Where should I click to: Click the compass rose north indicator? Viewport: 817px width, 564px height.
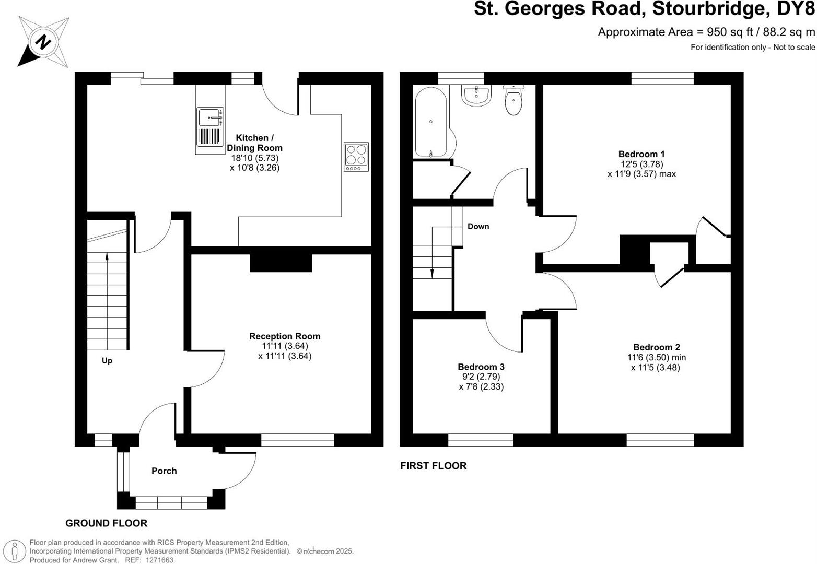click(x=44, y=41)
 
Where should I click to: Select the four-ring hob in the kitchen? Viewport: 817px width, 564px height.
click(x=356, y=156)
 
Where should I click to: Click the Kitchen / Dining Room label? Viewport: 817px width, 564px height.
click(x=254, y=143)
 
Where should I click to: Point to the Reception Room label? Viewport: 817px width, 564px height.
click(x=285, y=336)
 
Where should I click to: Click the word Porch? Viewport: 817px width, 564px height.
click(x=164, y=471)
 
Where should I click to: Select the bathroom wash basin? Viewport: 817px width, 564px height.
click(x=476, y=96)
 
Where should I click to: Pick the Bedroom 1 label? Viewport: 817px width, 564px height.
click(x=641, y=154)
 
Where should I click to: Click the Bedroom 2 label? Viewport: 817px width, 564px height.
click(x=656, y=347)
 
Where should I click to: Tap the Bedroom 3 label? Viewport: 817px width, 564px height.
click(x=481, y=367)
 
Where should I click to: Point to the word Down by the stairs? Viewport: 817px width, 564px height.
click(x=478, y=226)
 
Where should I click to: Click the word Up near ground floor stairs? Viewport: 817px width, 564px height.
click(x=107, y=361)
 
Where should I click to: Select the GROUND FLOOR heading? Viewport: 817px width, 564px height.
click(x=106, y=523)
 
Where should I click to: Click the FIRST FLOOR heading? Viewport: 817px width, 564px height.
click(x=433, y=466)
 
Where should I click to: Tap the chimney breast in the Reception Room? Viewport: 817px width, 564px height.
click(x=281, y=263)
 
